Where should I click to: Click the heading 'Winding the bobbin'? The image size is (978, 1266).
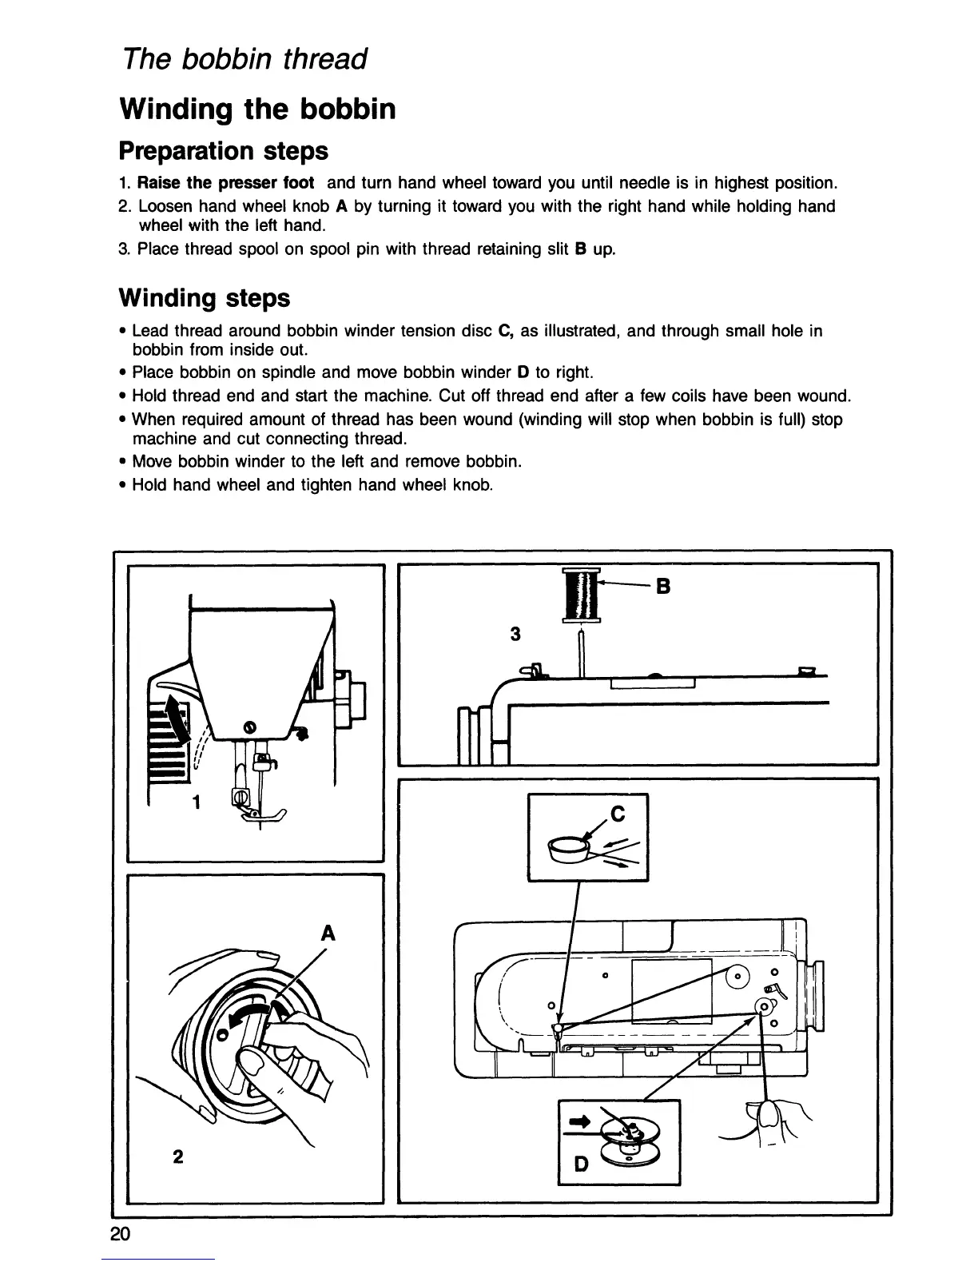point(256,109)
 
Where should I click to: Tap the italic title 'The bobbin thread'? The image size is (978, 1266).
point(244,58)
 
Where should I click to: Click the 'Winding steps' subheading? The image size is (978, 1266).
point(204,298)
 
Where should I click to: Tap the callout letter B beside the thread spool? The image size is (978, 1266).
point(662,587)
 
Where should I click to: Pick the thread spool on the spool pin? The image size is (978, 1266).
point(581,594)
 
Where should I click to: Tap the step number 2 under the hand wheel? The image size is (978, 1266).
point(177,1157)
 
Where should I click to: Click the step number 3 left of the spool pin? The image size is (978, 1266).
point(515,635)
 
